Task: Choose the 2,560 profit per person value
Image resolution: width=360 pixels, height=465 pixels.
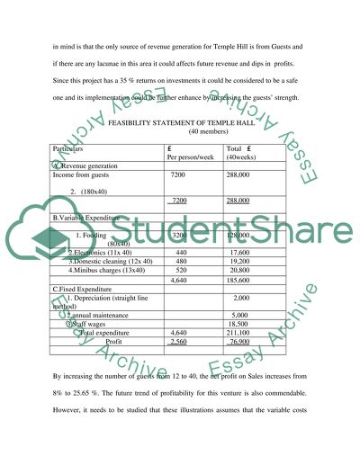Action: point(179,342)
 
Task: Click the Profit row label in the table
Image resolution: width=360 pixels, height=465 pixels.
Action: point(113,342)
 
